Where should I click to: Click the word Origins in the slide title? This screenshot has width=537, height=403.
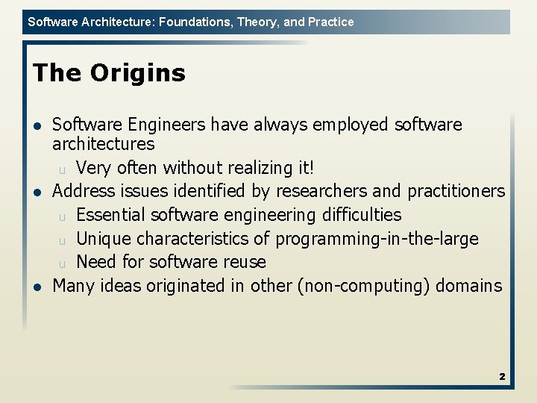[138, 73]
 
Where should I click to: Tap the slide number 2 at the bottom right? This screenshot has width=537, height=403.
[502, 377]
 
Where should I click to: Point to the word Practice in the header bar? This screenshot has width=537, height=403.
[330, 22]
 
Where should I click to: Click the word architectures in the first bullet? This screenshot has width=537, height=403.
[103, 143]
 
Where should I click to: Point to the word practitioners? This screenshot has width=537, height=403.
[452, 191]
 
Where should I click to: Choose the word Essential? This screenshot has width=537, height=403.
[110, 215]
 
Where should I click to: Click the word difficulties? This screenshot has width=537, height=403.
[362, 215]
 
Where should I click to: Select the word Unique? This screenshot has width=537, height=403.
[101, 239]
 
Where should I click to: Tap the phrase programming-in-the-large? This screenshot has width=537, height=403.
[377, 239]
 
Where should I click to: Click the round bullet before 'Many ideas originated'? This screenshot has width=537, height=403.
[37, 287]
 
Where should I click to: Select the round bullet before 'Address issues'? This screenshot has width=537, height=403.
[37, 192]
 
